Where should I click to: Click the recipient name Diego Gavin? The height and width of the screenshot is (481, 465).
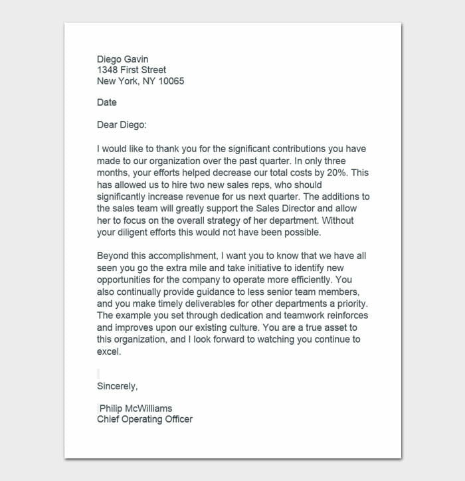(x=122, y=59)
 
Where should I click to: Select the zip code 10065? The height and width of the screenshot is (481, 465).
(x=171, y=81)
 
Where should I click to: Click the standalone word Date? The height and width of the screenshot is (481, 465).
(x=106, y=102)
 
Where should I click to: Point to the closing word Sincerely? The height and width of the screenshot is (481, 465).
(x=117, y=386)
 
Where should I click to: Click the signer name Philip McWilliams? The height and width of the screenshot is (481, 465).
(x=136, y=408)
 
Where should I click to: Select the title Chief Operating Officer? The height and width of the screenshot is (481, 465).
(x=144, y=419)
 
